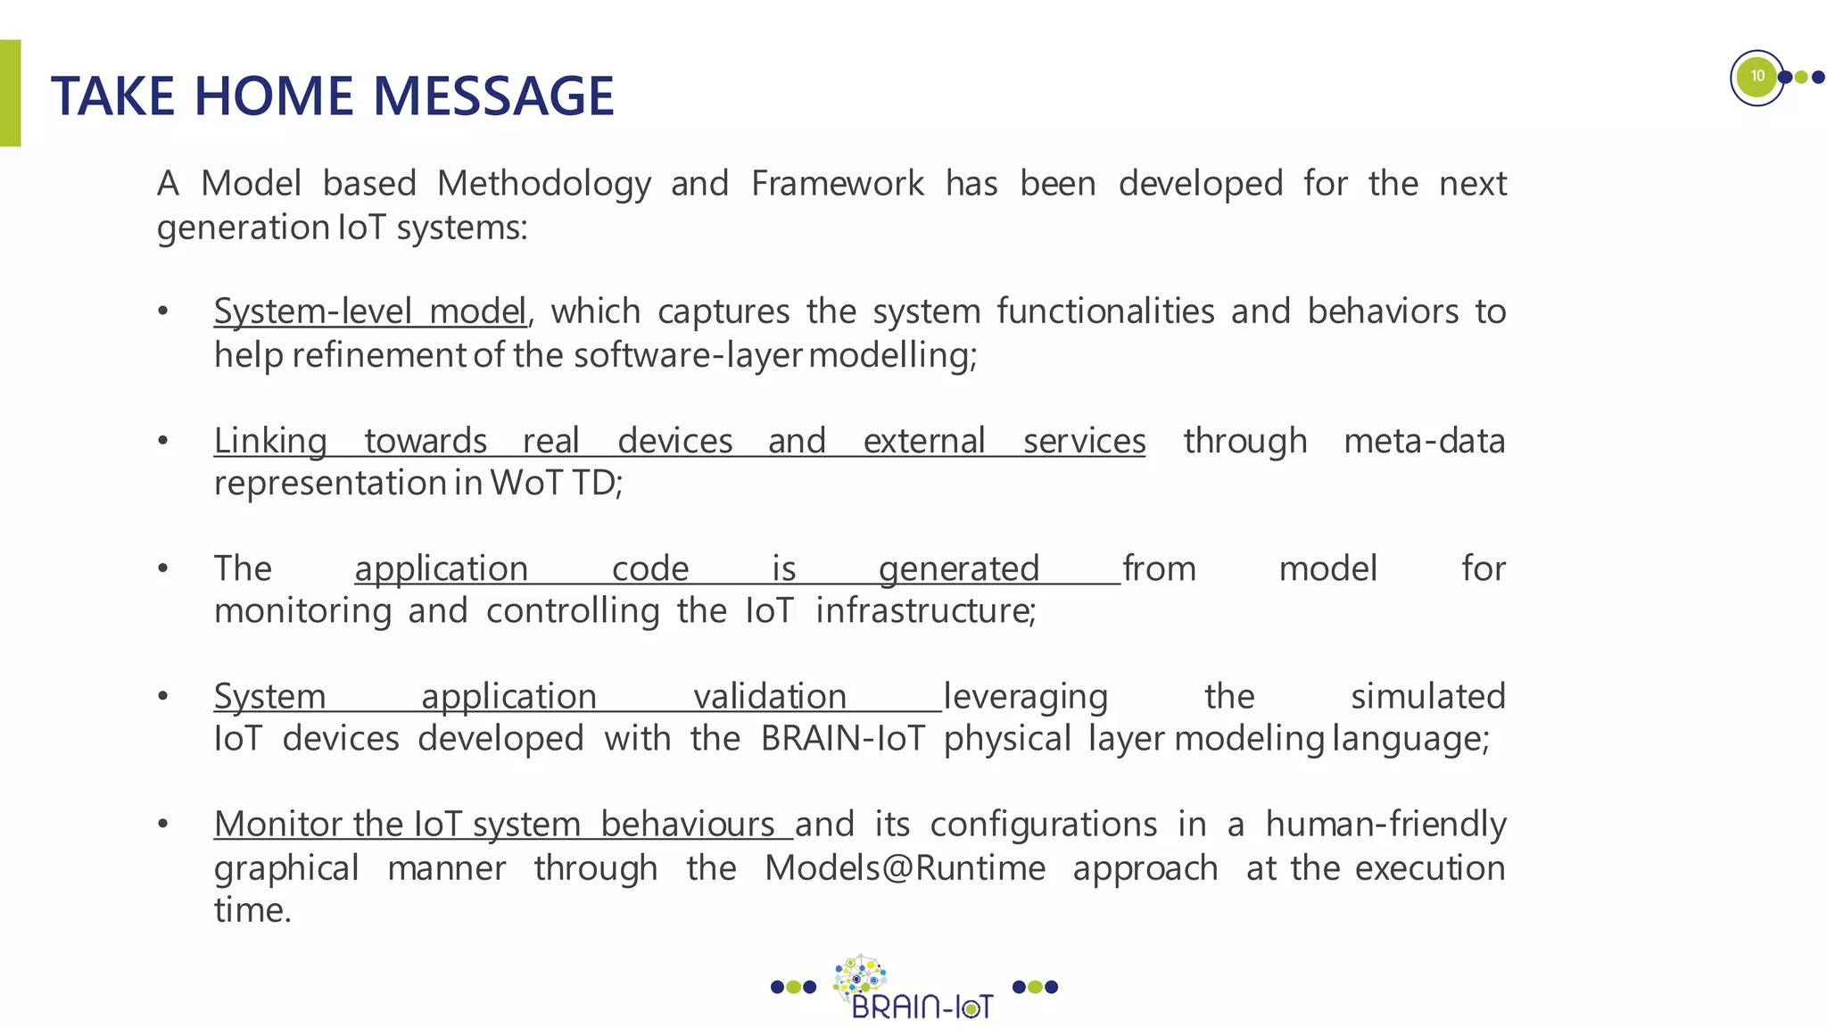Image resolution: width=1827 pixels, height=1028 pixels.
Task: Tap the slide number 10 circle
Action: point(1757,77)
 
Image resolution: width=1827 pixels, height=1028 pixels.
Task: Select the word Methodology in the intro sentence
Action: point(543,184)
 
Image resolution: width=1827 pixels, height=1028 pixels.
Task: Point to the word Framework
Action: point(837,184)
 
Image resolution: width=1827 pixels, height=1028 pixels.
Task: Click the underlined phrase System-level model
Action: point(369,311)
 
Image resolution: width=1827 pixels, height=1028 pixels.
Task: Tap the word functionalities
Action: point(1105,311)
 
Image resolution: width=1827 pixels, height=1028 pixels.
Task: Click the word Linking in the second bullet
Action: point(270,441)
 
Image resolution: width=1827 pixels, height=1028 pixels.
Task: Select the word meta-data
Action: point(1424,441)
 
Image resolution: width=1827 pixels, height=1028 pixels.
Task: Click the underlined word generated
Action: point(959,568)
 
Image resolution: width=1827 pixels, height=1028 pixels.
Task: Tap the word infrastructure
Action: point(924,611)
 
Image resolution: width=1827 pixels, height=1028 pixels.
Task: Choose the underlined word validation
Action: point(770,696)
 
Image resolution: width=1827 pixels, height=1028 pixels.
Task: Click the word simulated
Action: point(1427,696)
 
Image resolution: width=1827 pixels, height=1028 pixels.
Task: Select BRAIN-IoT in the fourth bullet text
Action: point(842,739)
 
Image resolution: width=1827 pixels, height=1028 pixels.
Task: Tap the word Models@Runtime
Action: point(905,867)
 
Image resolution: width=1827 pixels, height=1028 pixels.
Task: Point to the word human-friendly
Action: point(1385,824)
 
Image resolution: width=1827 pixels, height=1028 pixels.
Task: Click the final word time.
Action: point(252,910)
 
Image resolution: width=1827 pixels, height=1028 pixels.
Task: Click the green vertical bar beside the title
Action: point(10,93)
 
